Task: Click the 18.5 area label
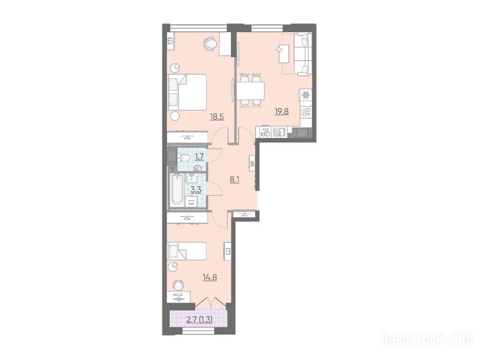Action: (x=217, y=117)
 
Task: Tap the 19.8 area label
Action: (x=282, y=112)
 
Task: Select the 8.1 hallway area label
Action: (x=234, y=180)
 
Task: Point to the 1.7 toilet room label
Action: (x=199, y=157)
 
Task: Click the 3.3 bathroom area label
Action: (x=196, y=190)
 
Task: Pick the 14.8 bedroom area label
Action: (x=210, y=277)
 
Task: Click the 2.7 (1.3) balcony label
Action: (x=200, y=320)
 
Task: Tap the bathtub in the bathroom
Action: (x=177, y=190)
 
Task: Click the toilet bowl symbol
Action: (x=185, y=158)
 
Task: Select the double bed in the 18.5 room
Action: (x=187, y=92)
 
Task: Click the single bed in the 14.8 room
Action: (x=187, y=251)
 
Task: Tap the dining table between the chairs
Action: (x=250, y=91)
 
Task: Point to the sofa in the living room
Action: (x=303, y=54)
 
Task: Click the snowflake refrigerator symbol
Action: (x=306, y=96)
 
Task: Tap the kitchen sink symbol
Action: (x=279, y=132)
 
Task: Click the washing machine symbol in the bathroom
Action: (x=191, y=202)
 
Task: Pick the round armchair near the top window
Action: (x=210, y=43)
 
